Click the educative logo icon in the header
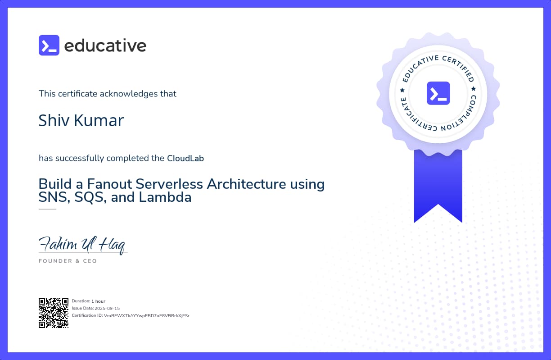click(49, 45)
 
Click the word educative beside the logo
click(105, 46)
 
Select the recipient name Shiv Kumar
click(81, 120)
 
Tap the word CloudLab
click(185, 158)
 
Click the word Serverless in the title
click(172, 184)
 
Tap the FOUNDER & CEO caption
click(68, 261)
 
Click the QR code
click(53, 313)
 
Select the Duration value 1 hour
click(98, 301)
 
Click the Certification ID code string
click(146, 315)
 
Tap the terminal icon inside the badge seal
click(438, 93)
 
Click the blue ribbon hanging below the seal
click(438, 185)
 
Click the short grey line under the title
click(47, 209)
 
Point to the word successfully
click(80, 158)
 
